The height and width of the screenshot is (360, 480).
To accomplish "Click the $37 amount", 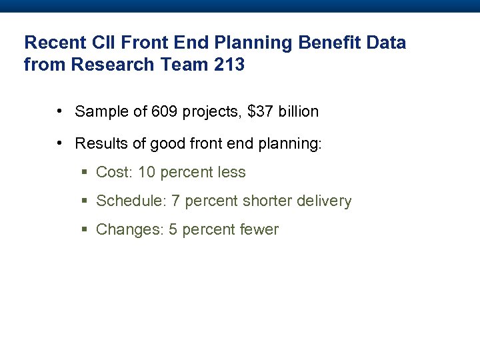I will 259,112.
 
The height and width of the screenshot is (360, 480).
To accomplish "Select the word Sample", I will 99,112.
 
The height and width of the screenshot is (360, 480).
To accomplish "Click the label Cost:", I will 115,173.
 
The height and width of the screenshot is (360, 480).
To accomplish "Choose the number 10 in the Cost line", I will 147,173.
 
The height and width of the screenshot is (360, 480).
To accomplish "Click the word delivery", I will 327,201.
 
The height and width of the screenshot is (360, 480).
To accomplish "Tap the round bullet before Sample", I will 60,111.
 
